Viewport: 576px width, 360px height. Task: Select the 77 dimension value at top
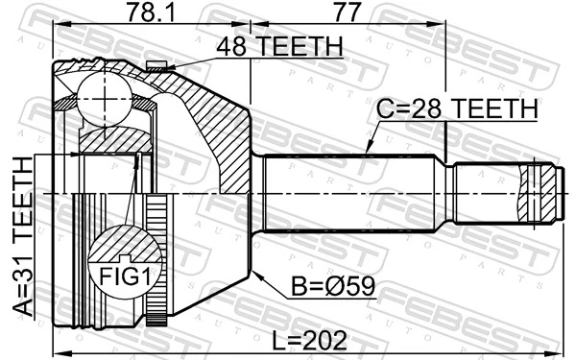pyautogui.click(x=348, y=12)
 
